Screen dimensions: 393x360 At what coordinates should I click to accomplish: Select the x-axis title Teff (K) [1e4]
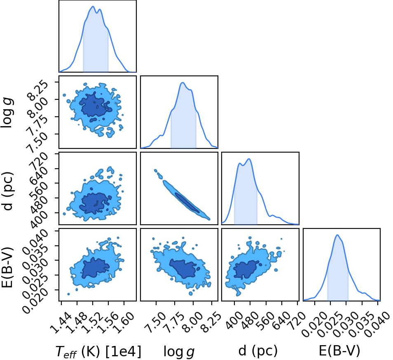pyautogui.click(x=98, y=351)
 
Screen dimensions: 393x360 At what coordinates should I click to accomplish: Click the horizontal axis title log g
pyautogui.click(x=179, y=352)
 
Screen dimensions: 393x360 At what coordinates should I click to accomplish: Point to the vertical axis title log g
pyautogui.click(x=7, y=113)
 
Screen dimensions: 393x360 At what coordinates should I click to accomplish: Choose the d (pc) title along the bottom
pyautogui.click(x=258, y=351)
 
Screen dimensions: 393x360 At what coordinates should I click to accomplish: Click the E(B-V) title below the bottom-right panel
pyautogui.click(x=339, y=351)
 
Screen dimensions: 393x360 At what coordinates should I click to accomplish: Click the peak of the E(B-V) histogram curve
pyautogui.click(x=337, y=235)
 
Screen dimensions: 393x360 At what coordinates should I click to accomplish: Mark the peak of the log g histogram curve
pyautogui.click(x=183, y=82)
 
